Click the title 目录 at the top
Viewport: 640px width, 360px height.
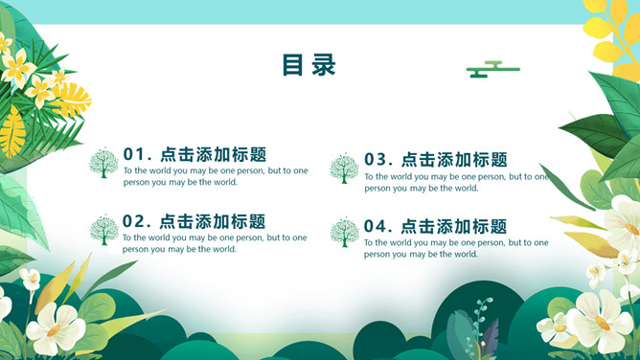[x=309, y=65]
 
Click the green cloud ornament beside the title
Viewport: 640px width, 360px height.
[x=492, y=68]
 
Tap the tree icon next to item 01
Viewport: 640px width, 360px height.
[x=103, y=163]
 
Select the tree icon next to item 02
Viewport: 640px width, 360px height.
[x=103, y=229]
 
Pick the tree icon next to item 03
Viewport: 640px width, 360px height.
[x=344, y=169]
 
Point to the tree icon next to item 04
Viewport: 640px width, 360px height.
[x=344, y=233]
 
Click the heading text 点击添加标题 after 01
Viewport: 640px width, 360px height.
[x=214, y=154]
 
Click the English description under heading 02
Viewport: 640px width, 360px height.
[x=215, y=243]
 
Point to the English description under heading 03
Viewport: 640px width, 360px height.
[x=456, y=182]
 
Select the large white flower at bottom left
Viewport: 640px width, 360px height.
[x=55, y=328]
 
